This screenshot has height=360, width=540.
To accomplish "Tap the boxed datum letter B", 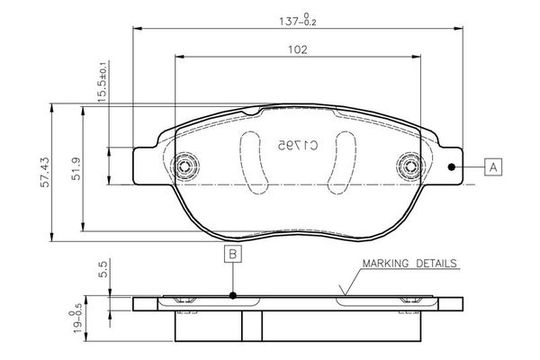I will [x=232, y=255].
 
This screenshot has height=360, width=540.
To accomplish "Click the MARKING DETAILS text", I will [x=409, y=264].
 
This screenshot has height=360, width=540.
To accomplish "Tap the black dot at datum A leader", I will [x=452, y=166].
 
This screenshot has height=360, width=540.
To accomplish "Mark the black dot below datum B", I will [x=232, y=295].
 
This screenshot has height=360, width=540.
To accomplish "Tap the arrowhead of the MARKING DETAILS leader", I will [x=343, y=293].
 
